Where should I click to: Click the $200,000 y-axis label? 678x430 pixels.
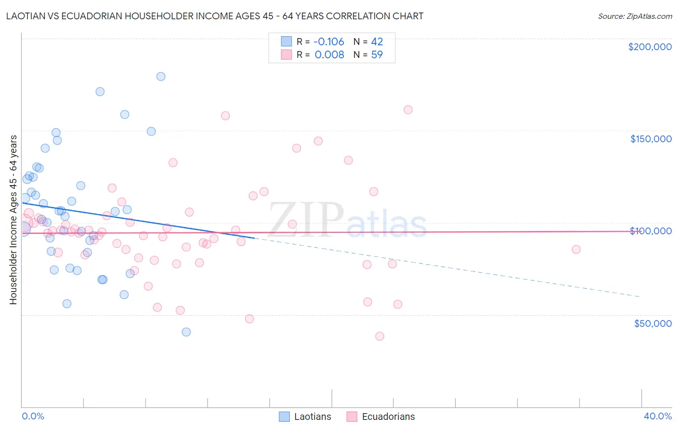(x=650, y=47)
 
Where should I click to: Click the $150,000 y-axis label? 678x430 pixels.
(x=651, y=139)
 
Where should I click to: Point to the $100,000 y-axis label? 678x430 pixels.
(x=651, y=231)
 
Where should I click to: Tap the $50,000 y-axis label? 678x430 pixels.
(x=652, y=323)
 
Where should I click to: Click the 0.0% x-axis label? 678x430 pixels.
(x=33, y=417)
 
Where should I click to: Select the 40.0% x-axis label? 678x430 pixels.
(x=658, y=417)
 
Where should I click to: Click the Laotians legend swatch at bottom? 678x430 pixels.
(x=285, y=417)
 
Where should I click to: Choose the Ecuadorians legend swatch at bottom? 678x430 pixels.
(x=352, y=417)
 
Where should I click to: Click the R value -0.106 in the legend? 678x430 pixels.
(x=329, y=41)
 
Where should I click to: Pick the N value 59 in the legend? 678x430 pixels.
(x=377, y=55)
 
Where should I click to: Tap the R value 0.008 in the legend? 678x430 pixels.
(x=329, y=55)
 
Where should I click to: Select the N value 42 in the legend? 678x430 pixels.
(x=377, y=41)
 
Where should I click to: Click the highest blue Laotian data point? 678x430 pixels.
(x=161, y=77)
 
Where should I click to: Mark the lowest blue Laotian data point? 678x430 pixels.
(x=186, y=332)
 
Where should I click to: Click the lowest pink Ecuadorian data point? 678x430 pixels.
(x=380, y=336)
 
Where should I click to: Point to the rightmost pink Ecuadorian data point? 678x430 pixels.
(x=576, y=250)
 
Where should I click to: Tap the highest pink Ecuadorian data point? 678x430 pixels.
(x=408, y=109)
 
